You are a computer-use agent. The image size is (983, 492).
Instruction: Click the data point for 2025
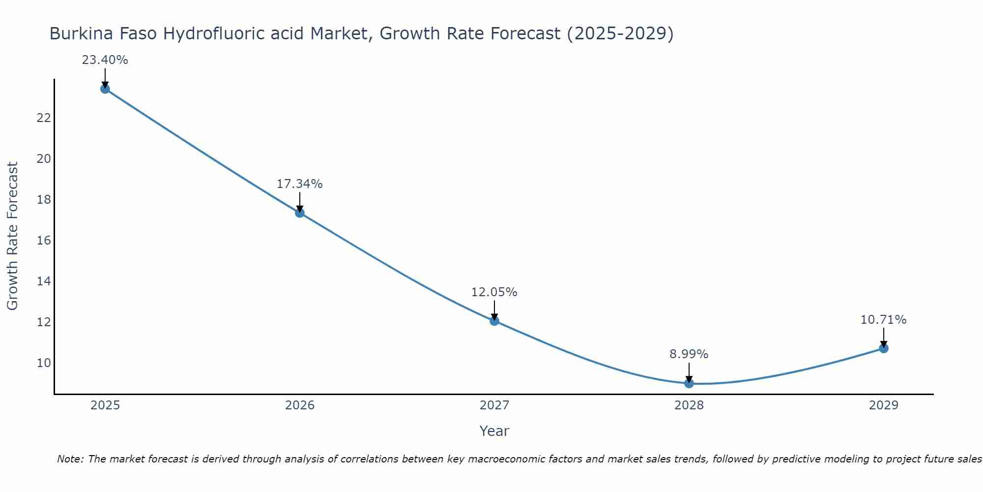pyautogui.click(x=105, y=89)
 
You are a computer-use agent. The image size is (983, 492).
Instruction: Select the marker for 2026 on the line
pyautogui.click(x=299, y=213)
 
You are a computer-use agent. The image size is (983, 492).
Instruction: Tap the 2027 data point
pyautogui.click(x=494, y=321)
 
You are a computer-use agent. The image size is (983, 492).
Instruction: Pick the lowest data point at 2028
pyautogui.click(x=689, y=383)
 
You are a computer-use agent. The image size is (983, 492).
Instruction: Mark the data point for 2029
pyautogui.click(x=883, y=348)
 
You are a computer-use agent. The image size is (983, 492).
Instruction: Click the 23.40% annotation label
pyautogui.click(x=105, y=60)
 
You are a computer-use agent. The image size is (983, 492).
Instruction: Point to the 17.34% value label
pyautogui.click(x=299, y=184)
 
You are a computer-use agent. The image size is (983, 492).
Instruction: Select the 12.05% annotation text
pyautogui.click(x=494, y=292)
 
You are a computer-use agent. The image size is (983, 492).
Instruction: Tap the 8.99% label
pyautogui.click(x=689, y=354)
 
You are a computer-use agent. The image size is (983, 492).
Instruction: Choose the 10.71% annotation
pyautogui.click(x=883, y=320)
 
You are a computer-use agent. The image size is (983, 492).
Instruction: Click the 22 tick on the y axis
pyautogui.click(x=44, y=118)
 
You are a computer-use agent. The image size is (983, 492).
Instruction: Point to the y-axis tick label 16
pyautogui.click(x=44, y=241)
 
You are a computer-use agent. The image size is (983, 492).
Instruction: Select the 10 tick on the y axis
pyautogui.click(x=44, y=363)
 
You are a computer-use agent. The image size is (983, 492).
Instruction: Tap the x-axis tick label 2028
pyautogui.click(x=689, y=405)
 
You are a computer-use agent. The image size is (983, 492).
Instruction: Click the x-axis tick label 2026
pyautogui.click(x=299, y=405)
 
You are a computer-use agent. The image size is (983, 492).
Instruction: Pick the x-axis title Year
pyautogui.click(x=494, y=431)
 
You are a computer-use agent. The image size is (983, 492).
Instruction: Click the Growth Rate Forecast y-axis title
pyautogui.click(x=12, y=236)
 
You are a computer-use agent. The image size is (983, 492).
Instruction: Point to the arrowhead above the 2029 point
pyautogui.click(x=883, y=344)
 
